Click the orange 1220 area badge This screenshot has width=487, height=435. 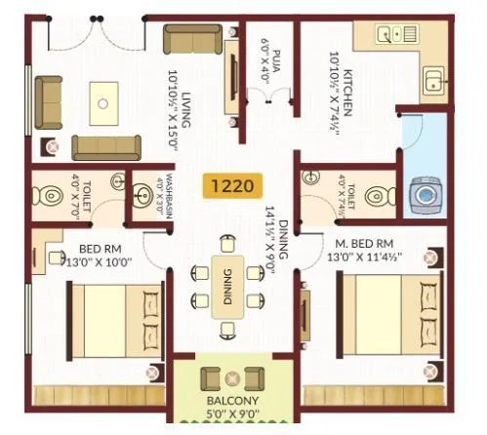pos(233,182)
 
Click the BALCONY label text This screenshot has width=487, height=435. pos(231,401)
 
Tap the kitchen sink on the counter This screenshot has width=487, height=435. pos(431,78)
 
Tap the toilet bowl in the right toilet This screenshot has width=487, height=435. pos(375,196)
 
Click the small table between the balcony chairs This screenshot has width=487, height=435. pos(232,378)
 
